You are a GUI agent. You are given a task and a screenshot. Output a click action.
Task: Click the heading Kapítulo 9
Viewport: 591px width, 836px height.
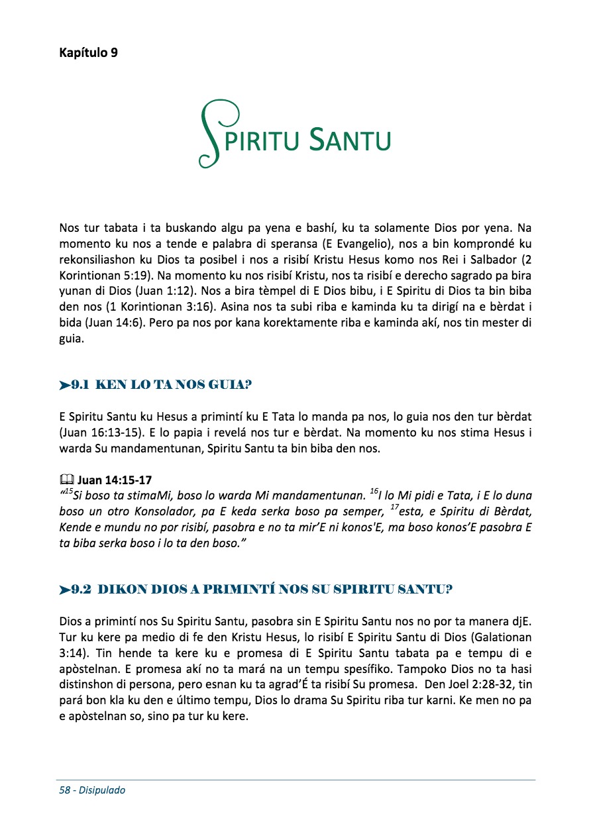click(x=89, y=53)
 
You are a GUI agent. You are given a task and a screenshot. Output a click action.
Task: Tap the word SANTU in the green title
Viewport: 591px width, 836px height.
click(x=350, y=140)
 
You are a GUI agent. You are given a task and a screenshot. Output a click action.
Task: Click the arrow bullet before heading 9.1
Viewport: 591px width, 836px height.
click(x=64, y=384)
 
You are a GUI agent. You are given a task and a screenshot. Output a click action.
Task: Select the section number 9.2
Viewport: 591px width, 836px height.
click(x=83, y=589)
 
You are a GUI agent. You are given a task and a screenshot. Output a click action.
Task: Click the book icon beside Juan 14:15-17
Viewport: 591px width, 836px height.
click(x=66, y=480)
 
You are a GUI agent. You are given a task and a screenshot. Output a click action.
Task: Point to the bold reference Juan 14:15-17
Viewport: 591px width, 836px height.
click(x=115, y=480)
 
